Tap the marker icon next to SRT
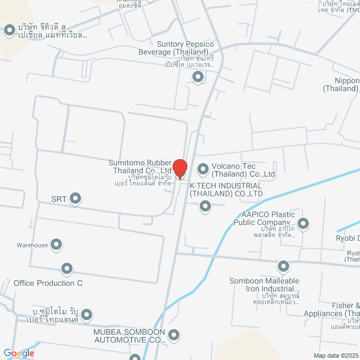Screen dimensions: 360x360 tap(75, 199)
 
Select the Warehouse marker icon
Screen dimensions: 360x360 tap(56, 245)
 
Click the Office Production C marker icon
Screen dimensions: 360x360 tap(67, 268)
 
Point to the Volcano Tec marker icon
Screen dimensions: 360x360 tap(202, 169)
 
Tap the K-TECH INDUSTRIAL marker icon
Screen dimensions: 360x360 tap(205, 207)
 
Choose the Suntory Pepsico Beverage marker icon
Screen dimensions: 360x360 tap(197, 77)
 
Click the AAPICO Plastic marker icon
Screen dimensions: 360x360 tap(303, 224)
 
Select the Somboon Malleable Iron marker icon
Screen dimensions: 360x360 tap(283, 266)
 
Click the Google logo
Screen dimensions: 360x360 tap(18, 353)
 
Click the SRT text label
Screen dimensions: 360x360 tap(58, 199)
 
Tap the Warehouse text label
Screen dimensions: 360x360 tap(32, 245)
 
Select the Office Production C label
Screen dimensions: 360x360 tap(48, 283)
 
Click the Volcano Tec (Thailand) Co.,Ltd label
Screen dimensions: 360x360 tap(243, 170)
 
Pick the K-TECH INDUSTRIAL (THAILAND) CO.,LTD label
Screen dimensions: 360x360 tap(226, 190)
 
